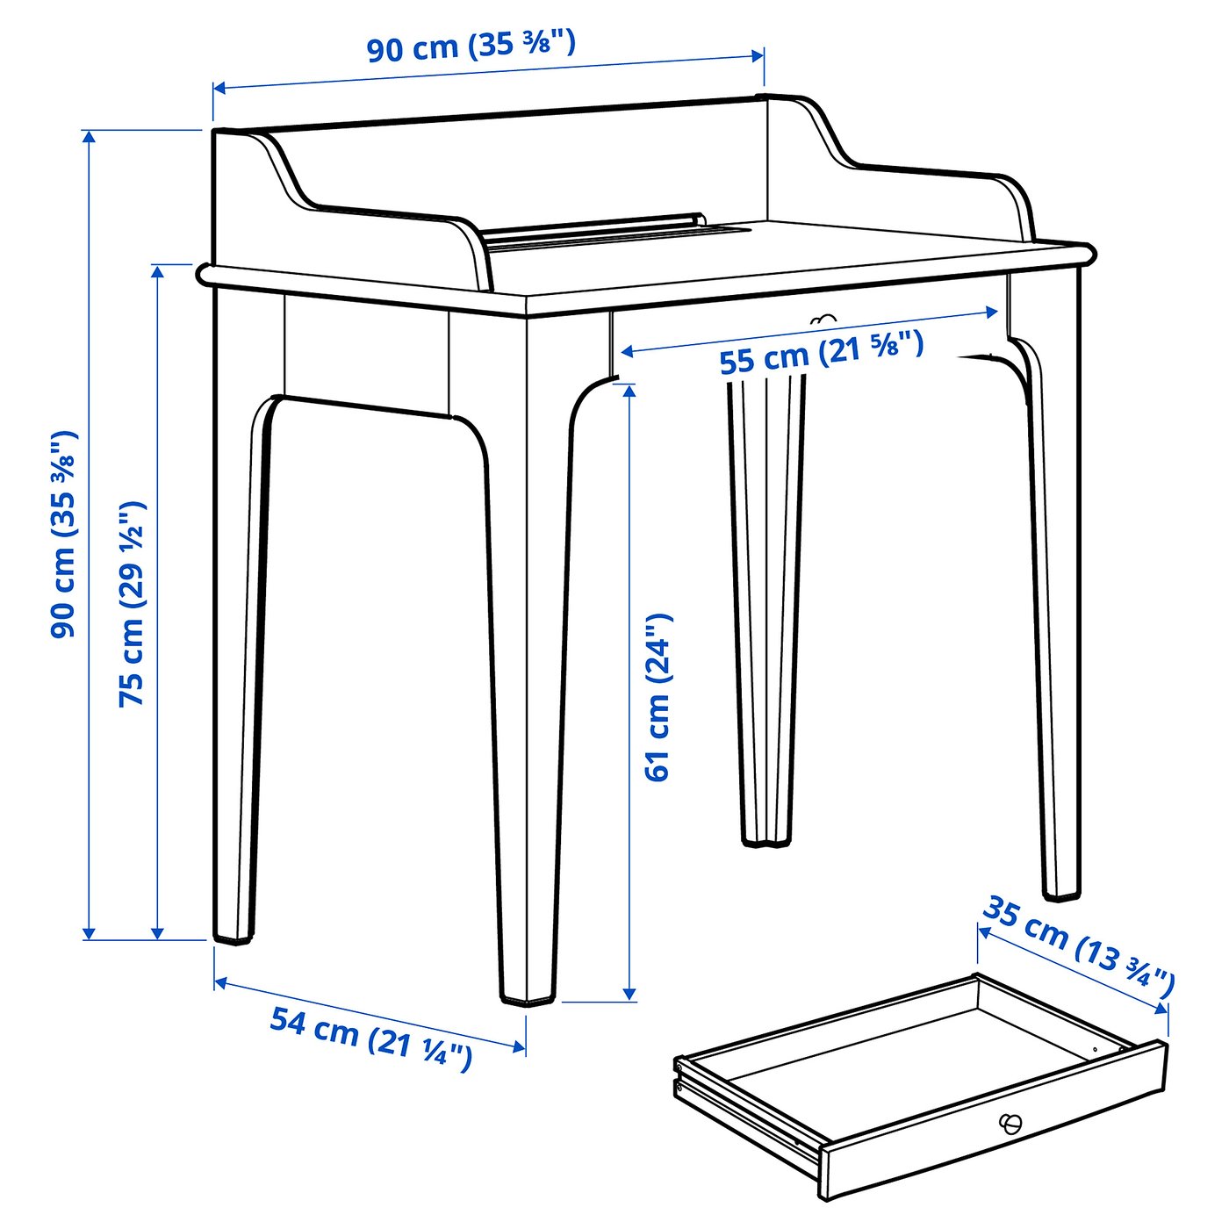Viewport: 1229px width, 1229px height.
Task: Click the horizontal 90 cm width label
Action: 471,46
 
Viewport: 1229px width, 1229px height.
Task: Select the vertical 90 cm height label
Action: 64,534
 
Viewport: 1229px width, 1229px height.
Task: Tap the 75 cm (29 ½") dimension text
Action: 133,604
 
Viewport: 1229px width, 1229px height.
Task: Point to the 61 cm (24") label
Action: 658,696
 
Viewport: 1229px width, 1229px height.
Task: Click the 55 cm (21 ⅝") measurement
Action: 821,352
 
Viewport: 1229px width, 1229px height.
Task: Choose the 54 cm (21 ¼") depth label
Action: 370,1038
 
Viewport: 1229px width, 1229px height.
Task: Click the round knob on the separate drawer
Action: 1010,1123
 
